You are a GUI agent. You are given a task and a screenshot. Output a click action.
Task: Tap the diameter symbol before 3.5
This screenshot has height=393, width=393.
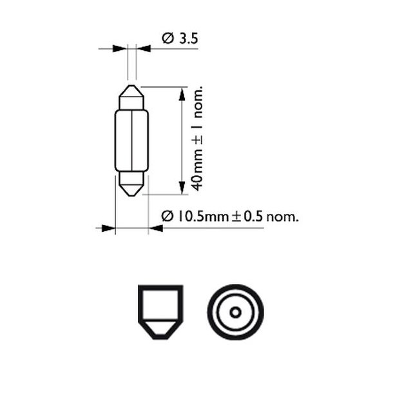pos(167,39)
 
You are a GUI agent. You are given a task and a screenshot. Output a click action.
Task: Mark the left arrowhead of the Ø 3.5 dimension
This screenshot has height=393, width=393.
pos(120,48)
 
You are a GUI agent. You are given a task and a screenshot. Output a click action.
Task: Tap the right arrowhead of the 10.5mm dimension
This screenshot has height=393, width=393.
pos(155,227)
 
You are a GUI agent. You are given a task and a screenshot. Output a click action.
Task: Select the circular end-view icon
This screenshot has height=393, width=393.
pos(235,312)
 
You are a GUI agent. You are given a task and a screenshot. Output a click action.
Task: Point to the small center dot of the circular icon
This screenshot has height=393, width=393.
pos(235,312)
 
